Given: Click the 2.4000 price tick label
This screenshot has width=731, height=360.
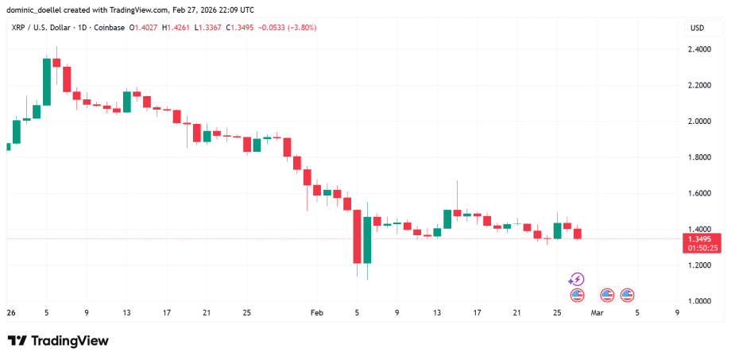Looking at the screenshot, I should [699, 49].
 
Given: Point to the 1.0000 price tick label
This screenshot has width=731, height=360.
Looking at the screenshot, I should [699, 301].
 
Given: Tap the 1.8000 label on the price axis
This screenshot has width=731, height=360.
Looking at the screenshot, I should [699, 157].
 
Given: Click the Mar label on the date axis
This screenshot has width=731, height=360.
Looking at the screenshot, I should [596, 313].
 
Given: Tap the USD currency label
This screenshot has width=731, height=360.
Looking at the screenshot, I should [697, 29].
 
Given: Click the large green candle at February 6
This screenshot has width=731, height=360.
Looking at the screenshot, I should [367, 240].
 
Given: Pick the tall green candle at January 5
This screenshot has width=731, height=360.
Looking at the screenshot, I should [47, 81].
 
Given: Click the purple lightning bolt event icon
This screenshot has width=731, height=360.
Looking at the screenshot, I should [577, 279].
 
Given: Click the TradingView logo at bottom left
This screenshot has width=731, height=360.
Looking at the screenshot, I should [58, 341].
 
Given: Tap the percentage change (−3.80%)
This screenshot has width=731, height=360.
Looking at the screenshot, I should [300, 29].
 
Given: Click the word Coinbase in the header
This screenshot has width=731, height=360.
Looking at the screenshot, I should [109, 29].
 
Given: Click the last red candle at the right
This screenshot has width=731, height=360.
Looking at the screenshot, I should [578, 234].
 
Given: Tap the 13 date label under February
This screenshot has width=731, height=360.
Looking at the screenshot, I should [437, 313].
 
